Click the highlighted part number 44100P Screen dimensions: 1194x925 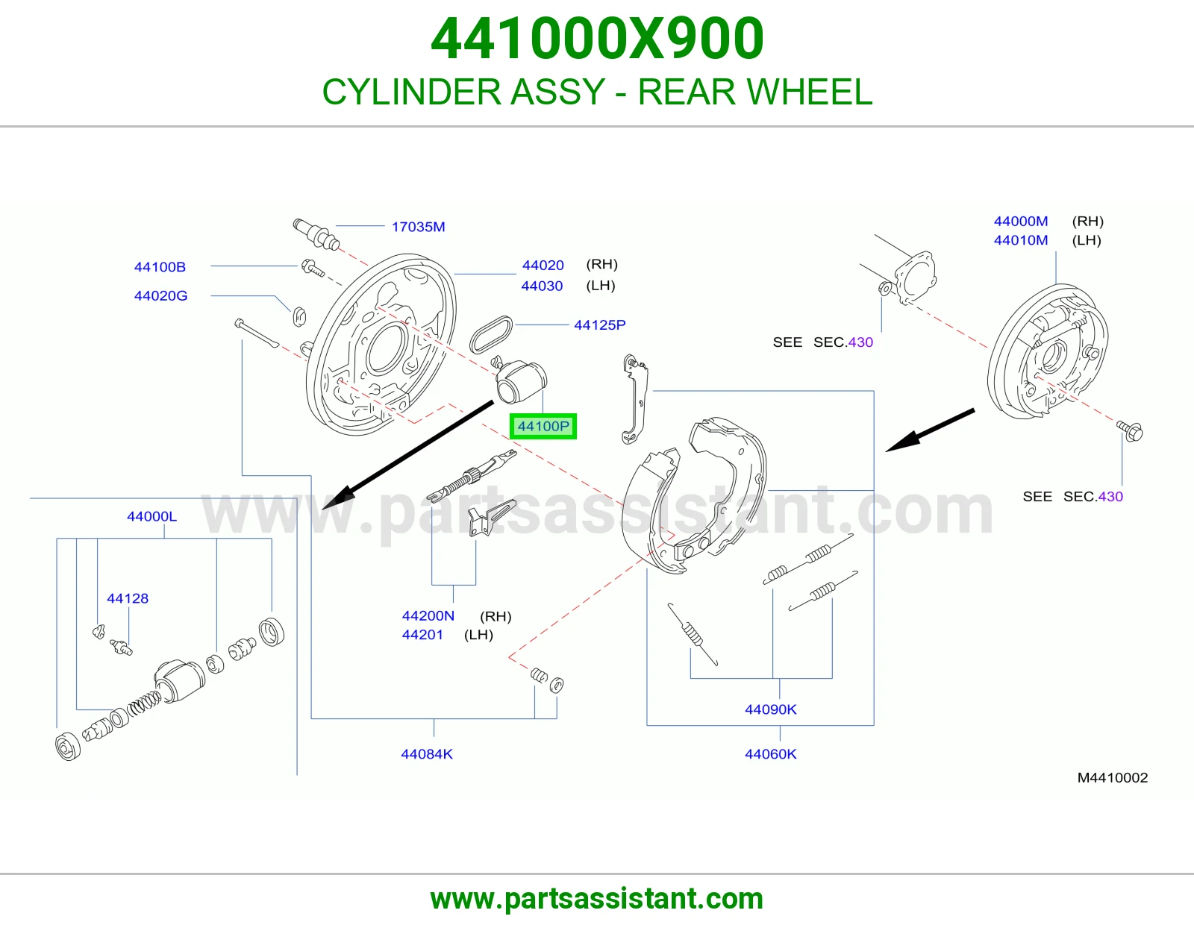[x=543, y=426]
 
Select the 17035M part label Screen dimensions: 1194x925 [x=418, y=227]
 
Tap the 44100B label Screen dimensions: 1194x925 [x=160, y=267]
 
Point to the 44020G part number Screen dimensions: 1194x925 [x=161, y=296]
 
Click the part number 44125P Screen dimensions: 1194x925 [x=600, y=325]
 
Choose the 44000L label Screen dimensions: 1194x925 [x=151, y=516]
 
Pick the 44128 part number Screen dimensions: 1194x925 [x=128, y=598]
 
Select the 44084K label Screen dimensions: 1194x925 [x=427, y=754]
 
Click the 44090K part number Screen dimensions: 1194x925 [x=770, y=709]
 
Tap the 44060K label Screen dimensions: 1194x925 [x=770, y=754]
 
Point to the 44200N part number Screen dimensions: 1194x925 [x=428, y=615]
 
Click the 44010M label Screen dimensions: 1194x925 [x=1021, y=240]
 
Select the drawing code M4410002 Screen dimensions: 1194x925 [x=1112, y=778]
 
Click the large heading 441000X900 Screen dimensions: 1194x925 [x=597, y=38]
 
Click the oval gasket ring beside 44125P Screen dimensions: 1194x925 [x=491, y=334]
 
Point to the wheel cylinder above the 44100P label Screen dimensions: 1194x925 [x=520, y=380]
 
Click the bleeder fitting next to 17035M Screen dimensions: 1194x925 [x=316, y=234]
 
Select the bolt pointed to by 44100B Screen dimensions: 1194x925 [x=313, y=268]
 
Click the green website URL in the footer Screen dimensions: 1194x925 [x=597, y=899]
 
